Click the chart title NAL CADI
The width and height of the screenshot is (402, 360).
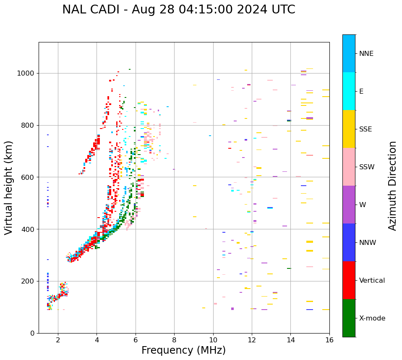pos(178,10)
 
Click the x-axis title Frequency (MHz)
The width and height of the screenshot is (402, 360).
pos(183,350)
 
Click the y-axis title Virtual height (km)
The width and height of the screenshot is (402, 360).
pos(9,187)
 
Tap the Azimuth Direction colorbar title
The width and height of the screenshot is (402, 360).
pos(392,186)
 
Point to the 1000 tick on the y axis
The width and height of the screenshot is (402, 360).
pos(26,73)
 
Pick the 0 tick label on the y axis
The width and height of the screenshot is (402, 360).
pos(32,333)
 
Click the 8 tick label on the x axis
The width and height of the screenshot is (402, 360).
pos(174,340)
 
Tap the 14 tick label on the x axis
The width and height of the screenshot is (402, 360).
pos(290,340)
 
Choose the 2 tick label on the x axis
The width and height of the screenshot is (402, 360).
pos(58,340)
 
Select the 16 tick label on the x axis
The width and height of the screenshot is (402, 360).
pos(329,340)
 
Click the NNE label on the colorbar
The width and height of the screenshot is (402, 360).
pos(366,54)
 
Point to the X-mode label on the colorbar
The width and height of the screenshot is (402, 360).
pos(372,318)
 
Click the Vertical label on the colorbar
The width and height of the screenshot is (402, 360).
pos(372,281)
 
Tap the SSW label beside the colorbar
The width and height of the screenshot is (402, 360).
pos(367,167)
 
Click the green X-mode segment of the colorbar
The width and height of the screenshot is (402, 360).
pos(349,318)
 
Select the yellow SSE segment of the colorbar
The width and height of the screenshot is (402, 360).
pos(349,129)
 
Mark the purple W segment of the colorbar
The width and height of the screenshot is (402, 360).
pos(349,205)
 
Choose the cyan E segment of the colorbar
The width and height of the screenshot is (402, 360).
pos(349,91)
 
